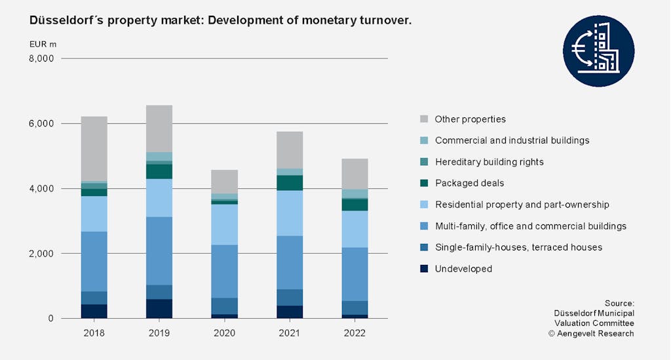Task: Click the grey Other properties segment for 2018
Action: tap(94, 148)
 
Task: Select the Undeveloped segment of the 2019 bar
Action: tap(159, 309)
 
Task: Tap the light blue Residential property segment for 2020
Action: tap(224, 224)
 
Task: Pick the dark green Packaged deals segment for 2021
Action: tap(290, 183)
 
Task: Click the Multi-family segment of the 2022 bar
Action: tap(355, 274)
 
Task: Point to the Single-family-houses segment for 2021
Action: tap(290, 298)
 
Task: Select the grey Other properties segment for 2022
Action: tap(355, 174)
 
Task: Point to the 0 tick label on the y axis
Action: tap(50, 319)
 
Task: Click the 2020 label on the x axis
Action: tap(224, 333)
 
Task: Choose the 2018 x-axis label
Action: tap(94, 333)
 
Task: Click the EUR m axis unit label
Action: tap(43, 44)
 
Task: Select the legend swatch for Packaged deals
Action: tap(424, 183)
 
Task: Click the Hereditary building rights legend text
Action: tap(489, 162)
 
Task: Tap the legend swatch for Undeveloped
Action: tap(424, 269)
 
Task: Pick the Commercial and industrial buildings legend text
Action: tap(512, 140)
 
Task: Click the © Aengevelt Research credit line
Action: tap(591, 334)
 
